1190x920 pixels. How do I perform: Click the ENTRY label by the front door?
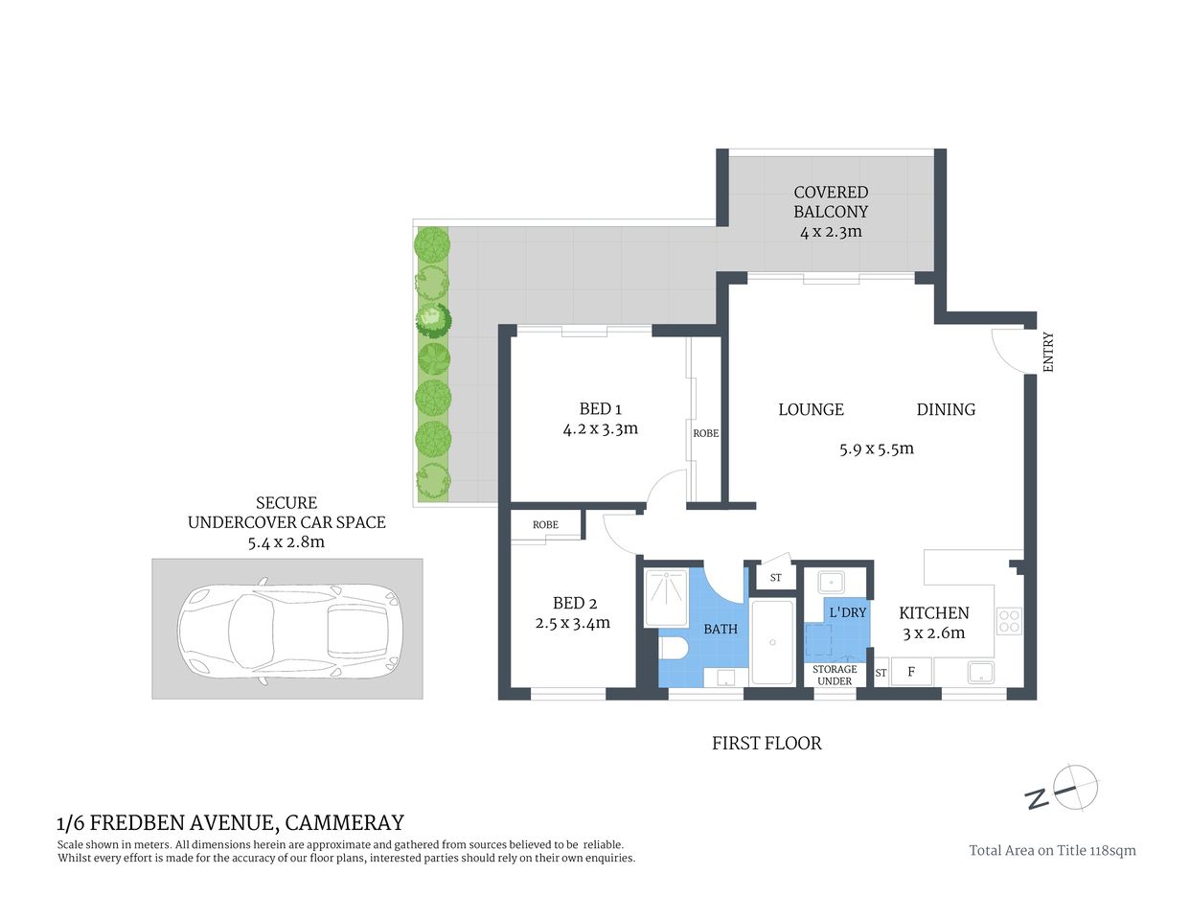tap(1047, 352)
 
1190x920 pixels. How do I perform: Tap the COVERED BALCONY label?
tap(831, 201)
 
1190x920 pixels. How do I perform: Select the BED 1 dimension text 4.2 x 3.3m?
tap(600, 429)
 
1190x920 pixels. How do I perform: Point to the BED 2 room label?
tap(575, 603)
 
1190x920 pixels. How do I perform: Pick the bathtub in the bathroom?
tap(772, 641)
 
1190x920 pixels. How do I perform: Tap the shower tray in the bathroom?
tap(667, 597)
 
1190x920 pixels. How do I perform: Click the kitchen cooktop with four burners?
tap(1009, 620)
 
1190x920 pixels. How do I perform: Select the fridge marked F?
tap(911, 672)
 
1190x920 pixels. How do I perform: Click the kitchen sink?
tap(980, 672)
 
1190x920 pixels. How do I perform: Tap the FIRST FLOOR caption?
tap(767, 743)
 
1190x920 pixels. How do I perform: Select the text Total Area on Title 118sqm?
tap(1052, 850)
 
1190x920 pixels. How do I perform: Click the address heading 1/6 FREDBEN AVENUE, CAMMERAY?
tap(231, 822)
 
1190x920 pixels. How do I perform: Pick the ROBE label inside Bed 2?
tap(545, 525)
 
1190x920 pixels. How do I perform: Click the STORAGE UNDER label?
tap(835, 676)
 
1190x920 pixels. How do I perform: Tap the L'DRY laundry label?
tap(847, 611)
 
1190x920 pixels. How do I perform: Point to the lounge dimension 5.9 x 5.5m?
tap(876, 448)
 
